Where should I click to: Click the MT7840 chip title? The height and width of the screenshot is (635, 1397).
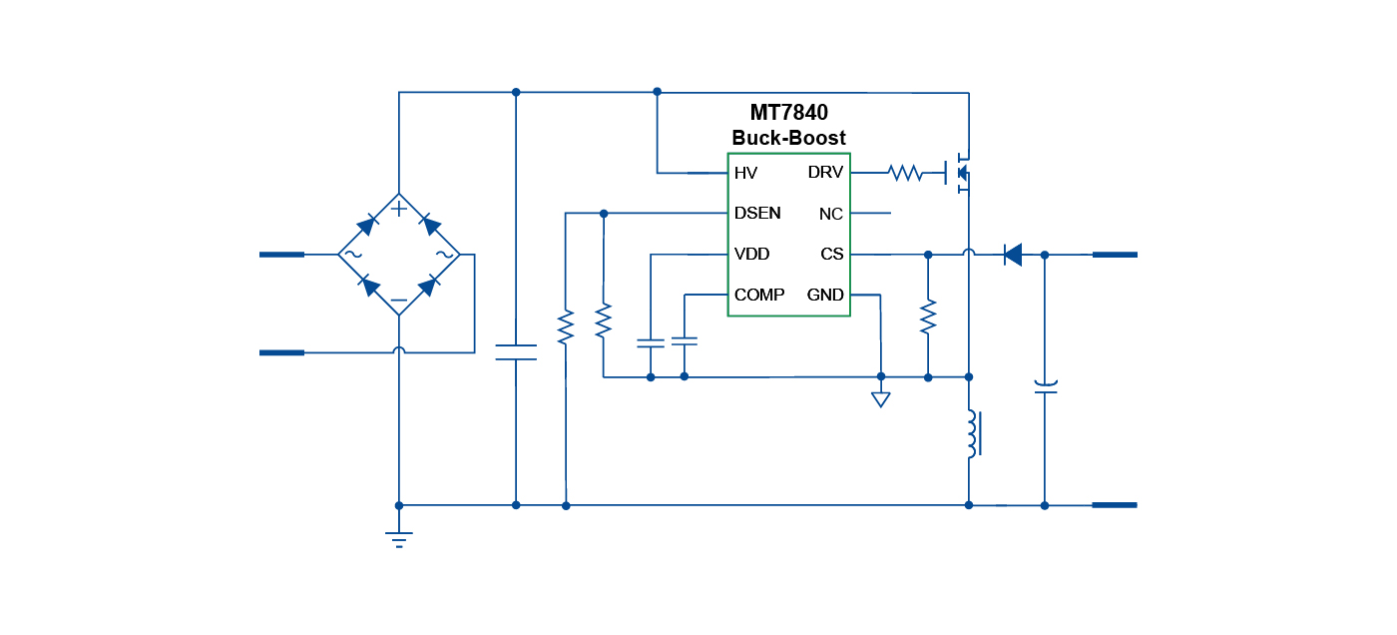(788, 113)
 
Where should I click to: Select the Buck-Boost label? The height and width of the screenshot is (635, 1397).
(788, 138)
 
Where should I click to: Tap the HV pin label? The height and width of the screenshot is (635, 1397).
(745, 174)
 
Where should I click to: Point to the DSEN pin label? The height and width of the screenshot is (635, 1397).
(757, 214)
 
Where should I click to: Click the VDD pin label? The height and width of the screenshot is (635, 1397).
(751, 255)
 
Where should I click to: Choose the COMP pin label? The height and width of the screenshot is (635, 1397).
(759, 296)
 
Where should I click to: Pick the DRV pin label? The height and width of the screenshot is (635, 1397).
(825, 174)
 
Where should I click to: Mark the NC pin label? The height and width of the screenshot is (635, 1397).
(831, 215)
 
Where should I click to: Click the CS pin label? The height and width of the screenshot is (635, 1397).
(832, 255)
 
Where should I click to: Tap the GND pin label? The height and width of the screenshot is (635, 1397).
(825, 296)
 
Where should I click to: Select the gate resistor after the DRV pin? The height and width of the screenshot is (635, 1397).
(905, 174)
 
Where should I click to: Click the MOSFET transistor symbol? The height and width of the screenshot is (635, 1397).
(958, 174)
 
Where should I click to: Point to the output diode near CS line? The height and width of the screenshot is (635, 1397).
(1012, 255)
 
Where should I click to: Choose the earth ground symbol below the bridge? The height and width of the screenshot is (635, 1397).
(399, 539)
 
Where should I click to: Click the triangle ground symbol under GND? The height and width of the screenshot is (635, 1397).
(880, 399)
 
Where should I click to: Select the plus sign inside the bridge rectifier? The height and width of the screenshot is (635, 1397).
(398, 209)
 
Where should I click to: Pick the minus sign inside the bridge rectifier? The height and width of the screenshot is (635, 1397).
(398, 301)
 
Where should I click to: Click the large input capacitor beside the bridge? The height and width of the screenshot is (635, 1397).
(516, 351)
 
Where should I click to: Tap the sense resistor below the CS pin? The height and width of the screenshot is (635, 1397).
(928, 317)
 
